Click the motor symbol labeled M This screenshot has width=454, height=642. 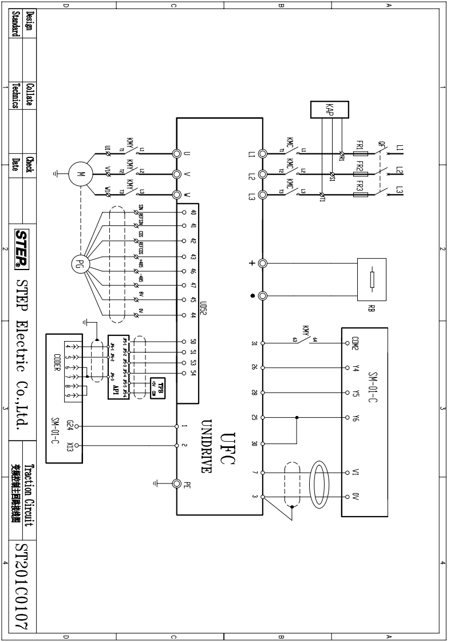pyautogui.click(x=79, y=173)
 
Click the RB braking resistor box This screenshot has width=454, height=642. pyautogui.click(x=371, y=279)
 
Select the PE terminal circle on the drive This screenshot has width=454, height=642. pyautogui.click(x=177, y=484)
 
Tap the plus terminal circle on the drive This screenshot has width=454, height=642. pyautogui.click(x=263, y=264)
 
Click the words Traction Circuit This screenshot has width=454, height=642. pyautogui.click(x=33, y=493)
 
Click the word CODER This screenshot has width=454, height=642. pyautogui.click(x=57, y=361)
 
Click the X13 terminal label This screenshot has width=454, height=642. pyautogui.click(x=69, y=446)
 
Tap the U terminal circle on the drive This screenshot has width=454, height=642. pyautogui.click(x=177, y=153)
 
